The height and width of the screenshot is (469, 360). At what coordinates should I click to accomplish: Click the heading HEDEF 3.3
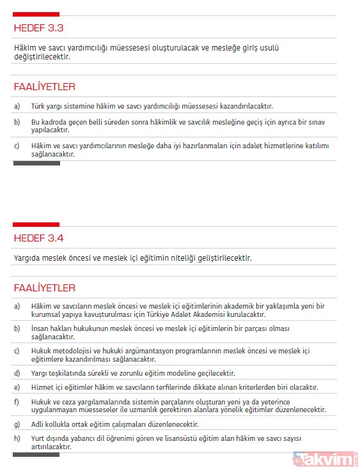38,27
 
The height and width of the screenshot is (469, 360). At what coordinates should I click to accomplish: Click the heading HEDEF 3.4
38,238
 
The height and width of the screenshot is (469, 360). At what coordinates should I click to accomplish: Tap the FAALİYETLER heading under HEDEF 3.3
44,86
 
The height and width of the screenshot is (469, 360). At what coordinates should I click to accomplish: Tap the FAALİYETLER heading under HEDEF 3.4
44,288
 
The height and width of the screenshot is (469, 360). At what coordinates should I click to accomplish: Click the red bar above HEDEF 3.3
36,13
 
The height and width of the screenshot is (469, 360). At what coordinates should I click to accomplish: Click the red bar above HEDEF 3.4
36,224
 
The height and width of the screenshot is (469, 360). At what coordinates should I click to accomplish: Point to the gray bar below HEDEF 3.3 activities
36,163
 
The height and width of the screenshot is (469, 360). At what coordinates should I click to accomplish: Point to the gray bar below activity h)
36,455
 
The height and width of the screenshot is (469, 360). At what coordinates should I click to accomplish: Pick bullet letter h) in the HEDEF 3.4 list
17,438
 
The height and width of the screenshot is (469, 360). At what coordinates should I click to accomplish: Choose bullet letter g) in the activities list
17,424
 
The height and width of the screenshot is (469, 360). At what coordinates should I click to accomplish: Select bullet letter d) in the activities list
17,373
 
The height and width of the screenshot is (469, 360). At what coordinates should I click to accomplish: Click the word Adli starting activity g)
38,424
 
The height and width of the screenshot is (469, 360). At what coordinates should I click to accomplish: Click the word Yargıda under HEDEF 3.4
29,258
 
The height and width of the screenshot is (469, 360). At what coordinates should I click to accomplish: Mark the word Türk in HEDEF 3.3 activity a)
39,106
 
